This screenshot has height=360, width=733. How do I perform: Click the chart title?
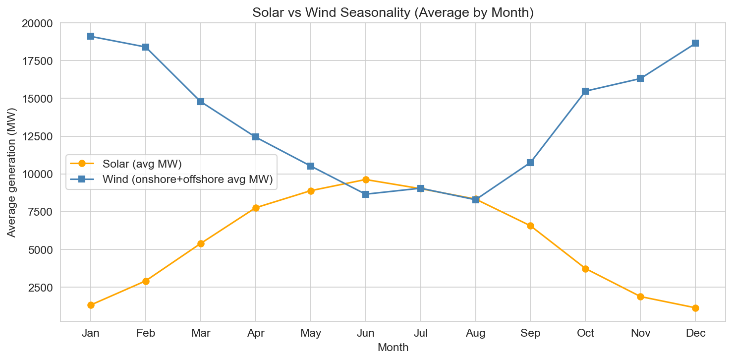(393, 12)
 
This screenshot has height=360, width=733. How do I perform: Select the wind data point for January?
(91, 36)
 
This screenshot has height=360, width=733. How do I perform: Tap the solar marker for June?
(366, 180)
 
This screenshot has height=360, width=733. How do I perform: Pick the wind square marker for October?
(585, 91)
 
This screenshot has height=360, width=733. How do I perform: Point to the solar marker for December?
(695, 308)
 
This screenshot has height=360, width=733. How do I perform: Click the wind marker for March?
(201, 102)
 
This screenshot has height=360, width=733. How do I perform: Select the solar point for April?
(256, 208)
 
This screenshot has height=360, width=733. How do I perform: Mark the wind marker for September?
(530, 163)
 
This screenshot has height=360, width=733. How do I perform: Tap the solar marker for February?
(146, 281)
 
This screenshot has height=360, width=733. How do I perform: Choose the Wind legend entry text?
(187, 180)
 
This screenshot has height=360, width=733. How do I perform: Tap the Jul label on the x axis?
(421, 333)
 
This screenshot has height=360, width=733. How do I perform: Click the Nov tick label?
(640, 333)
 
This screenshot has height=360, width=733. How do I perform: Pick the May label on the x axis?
(311, 333)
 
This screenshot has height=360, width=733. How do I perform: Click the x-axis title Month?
(393, 348)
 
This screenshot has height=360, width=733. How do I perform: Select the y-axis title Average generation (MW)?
(11, 172)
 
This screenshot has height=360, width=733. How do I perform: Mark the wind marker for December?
(695, 43)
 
